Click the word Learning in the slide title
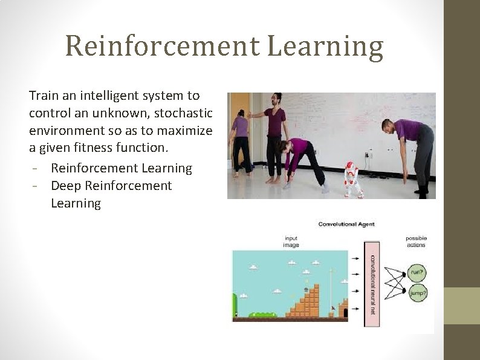tap(325, 47)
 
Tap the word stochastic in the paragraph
tap(180, 113)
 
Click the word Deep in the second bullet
tap(66, 186)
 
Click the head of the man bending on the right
tap(389, 127)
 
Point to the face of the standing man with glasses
tap(276, 100)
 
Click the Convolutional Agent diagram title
tap(346, 224)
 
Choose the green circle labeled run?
tap(417, 272)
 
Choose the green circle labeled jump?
tap(417, 295)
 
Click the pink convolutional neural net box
tap(371, 284)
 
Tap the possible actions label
tap(415, 241)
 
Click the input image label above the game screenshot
tap(291, 242)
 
